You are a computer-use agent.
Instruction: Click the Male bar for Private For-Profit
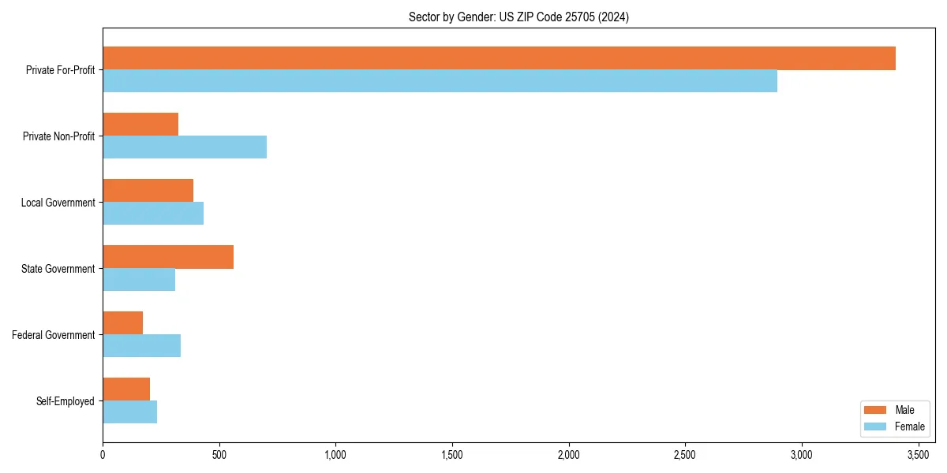(x=499, y=58)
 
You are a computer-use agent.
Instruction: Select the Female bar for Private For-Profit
(x=440, y=81)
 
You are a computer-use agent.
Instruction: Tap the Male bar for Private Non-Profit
(x=140, y=125)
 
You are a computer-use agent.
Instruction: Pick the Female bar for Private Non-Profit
(x=185, y=147)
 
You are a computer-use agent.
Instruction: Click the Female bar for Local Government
(x=153, y=214)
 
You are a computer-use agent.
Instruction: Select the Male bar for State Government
(x=168, y=257)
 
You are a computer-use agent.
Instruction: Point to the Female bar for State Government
(x=139, y=280)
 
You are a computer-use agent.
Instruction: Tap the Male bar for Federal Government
(x=122, y=323)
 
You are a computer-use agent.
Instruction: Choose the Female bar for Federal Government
(x=141, y=346)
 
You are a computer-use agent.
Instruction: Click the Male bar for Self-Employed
(x=126, y=389)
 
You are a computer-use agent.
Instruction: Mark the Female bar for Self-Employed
(x=129, y=412)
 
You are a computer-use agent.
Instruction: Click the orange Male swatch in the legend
(x=876, y=410)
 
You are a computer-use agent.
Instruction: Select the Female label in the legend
(x=910, y=426)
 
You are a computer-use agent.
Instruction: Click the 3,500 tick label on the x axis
(x=918, y=455)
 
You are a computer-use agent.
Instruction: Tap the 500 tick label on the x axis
(x=219, y=455)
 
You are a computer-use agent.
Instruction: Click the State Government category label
(x=58, y=269)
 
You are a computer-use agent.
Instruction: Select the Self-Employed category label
(x=66, y=401)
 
